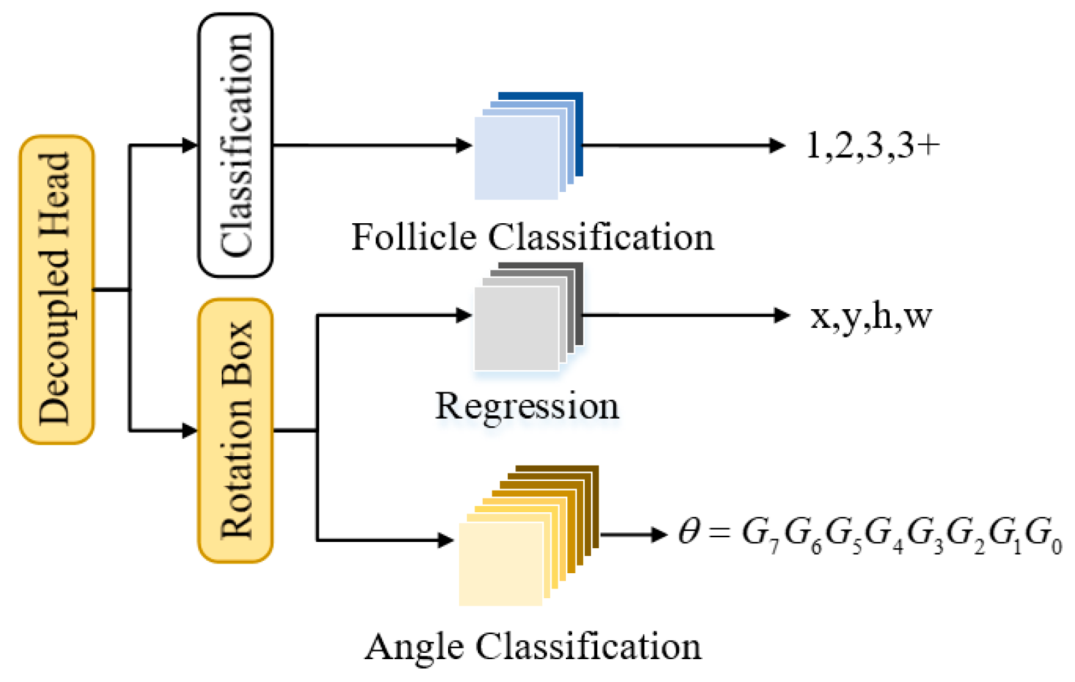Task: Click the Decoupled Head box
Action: pyautogui.click(x=56, y=289)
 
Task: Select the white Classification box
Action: pyautogui.click(x=236, y=145)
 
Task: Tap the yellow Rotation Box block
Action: pyautogui.click(x=236, y=430)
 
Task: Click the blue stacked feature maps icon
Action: pyautogui.click(x=527, y=146)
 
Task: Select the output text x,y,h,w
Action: pyautogui.click(x=871, y=316)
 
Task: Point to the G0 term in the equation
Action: pyautogui.click(x=1043, y=535)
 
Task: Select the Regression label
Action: pyautogui.click(x=526, y=406)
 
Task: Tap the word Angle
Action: pyautogui.click(x=414, y=647)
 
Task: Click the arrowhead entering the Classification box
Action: pyautogui.click(x=189, y=145)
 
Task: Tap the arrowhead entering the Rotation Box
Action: pyautogui.click(x=189, y=430)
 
